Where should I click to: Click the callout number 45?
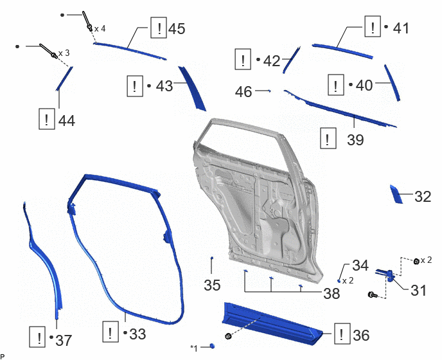[x=177, y=29]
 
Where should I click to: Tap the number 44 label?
[x=67, y=121]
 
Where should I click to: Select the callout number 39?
[x=355, y=139]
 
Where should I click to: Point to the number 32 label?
[x=423, y=197]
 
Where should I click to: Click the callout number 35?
[x=212, y=285]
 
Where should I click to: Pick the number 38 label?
[x=331, y=294]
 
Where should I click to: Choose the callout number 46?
[x=243, y=92]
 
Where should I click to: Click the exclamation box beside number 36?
[x=342, y=334]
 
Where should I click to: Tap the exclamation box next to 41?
[x=373, y=26]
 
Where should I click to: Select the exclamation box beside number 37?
[x=37, y=337]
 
